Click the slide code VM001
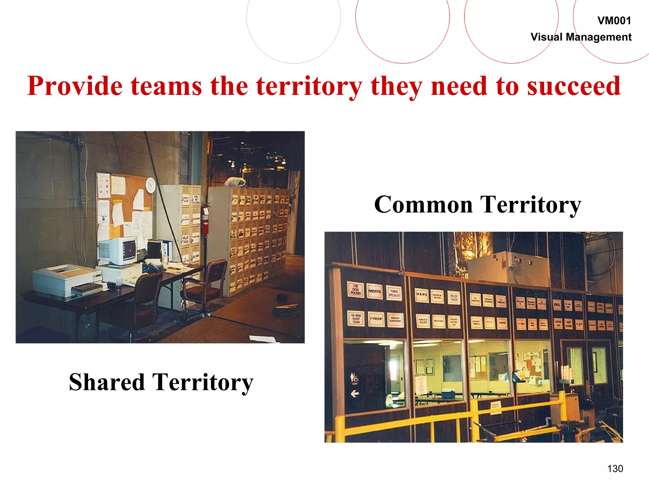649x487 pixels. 614,21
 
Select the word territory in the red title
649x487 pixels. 309,86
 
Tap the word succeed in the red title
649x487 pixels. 574,86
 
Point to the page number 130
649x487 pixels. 615,469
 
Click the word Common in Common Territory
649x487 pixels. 423,205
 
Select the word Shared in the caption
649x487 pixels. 106,382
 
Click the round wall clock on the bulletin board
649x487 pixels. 151,185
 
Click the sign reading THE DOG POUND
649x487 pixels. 356,289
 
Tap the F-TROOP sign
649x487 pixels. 376,319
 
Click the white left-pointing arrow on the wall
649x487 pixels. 355,393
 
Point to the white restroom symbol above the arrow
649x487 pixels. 354,378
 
